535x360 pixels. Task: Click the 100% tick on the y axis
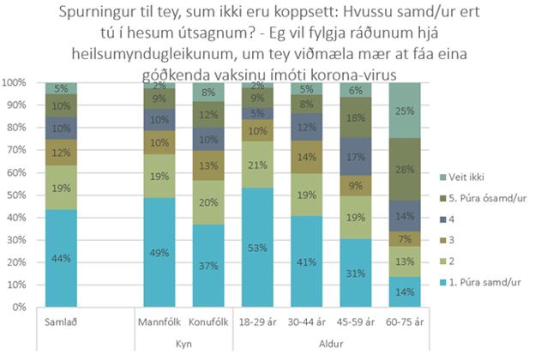tap(15, 83)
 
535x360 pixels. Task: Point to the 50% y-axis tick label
tap(17, 195)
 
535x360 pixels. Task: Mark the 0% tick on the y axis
tap(20, 306)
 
